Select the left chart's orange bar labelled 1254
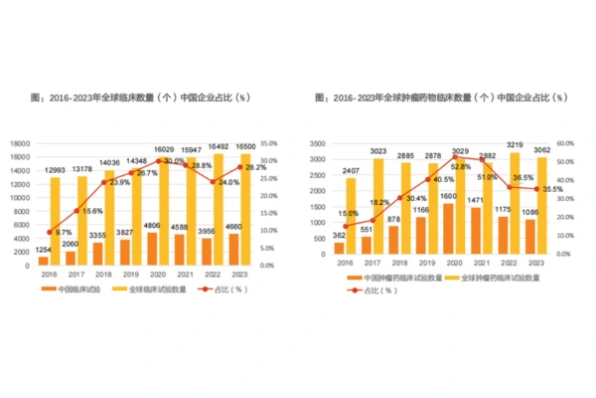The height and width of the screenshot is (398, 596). click(43, 261)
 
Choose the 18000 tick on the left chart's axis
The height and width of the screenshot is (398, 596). click(20, 143)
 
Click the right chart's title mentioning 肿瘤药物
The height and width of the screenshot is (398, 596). click(441, 99)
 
